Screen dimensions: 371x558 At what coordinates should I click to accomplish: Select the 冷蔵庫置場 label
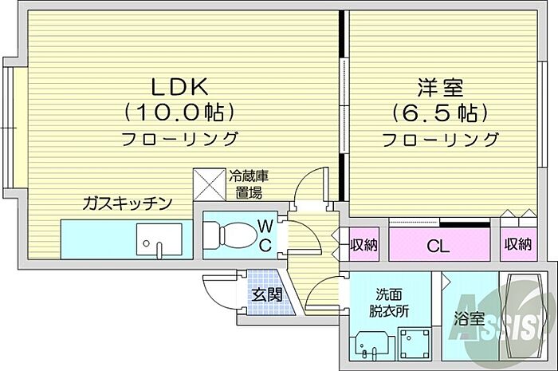pyautogui.click(x=247, y=184)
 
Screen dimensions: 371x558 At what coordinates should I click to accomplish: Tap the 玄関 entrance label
pyautogui.click(x=267, y=294)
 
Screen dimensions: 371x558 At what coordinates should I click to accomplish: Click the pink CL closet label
pyautogui.click(x=438, y=245)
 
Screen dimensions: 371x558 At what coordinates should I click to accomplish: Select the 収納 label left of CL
pyautogui.click(x=364, y=244)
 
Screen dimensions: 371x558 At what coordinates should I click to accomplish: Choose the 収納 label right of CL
pyautogui.click(x=517, y=244)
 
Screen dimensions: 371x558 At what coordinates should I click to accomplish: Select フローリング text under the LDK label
pyautogui.click(x=179, y=139)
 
